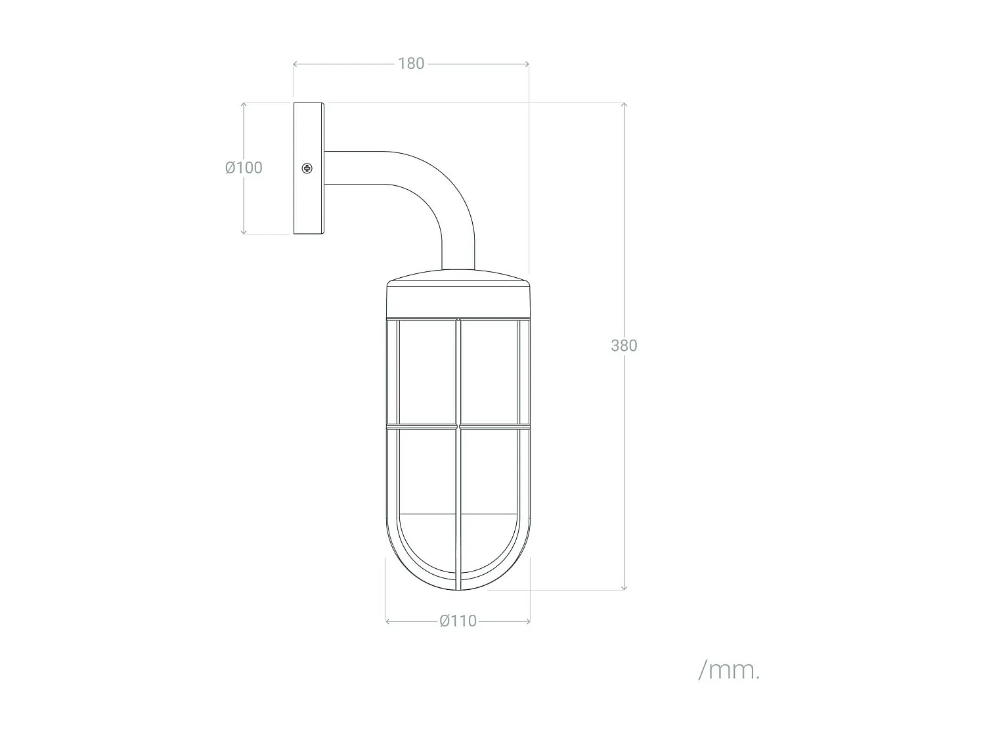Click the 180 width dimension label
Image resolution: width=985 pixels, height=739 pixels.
(x=411, y=64)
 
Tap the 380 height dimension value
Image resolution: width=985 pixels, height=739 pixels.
(x=623, y=346)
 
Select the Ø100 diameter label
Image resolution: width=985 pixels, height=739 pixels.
(x=244, y=168)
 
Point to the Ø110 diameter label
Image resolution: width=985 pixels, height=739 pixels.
(x=458, y=621)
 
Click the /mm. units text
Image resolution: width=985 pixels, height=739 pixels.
(x=729, y=671)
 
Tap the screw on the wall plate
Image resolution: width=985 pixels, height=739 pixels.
(x=307, y=169)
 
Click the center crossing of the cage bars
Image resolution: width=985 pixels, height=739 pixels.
(x=458, y=428)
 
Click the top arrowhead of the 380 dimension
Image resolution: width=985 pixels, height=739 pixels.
(x=623, y=105)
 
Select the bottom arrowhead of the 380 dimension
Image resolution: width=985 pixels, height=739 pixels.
(x=623, y=587)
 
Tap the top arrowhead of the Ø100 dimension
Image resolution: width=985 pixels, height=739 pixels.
(x=244, y=105)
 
